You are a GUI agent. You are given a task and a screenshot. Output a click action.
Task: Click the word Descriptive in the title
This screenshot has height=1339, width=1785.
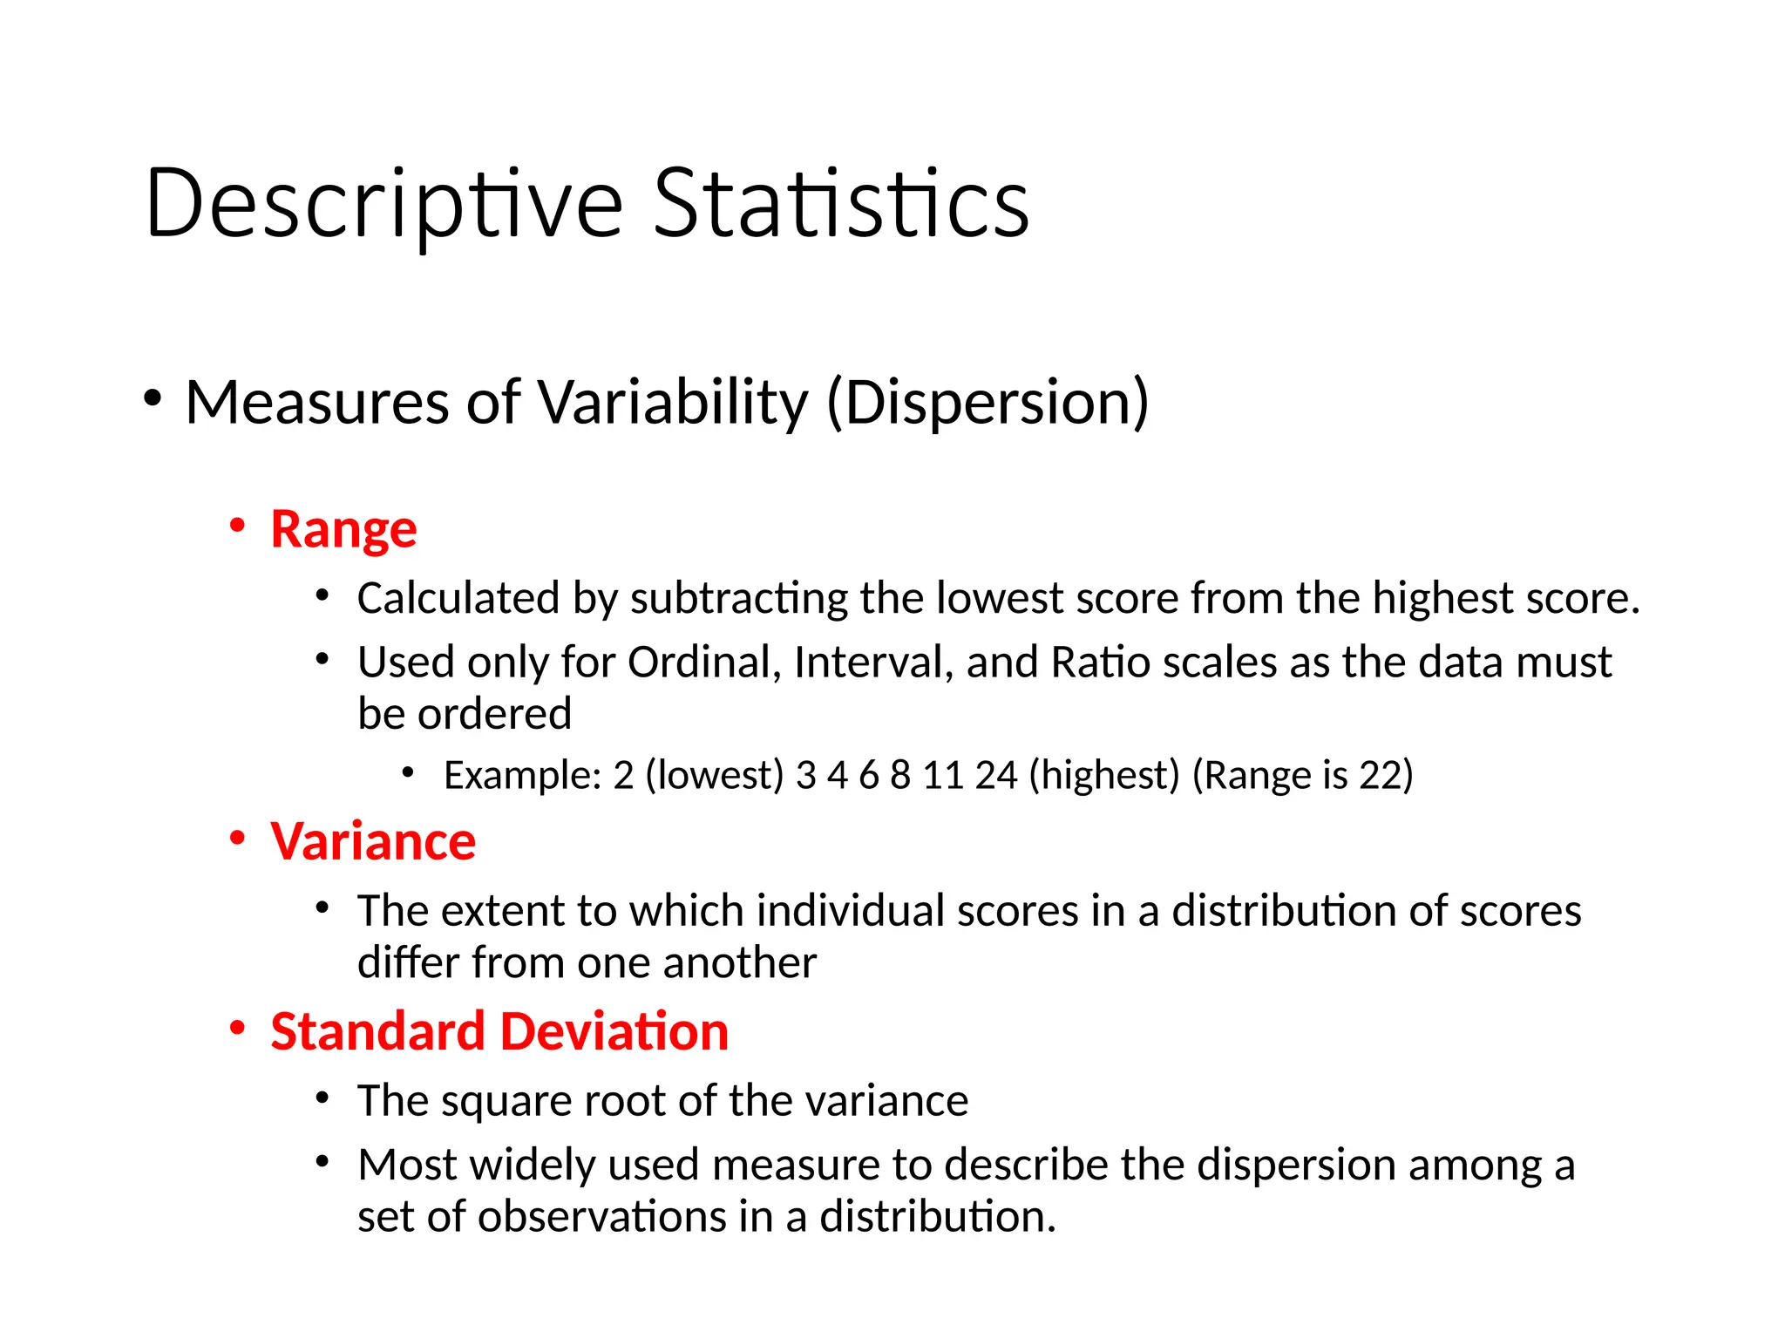[x=383, y=205]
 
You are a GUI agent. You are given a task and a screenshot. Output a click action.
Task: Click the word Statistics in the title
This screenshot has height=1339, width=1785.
[x=841, y=205]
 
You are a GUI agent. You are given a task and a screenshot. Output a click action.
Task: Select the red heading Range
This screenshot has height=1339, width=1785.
[x=343, y=530]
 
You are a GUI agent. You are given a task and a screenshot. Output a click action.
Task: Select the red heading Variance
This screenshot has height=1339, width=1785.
[x=373, y=842]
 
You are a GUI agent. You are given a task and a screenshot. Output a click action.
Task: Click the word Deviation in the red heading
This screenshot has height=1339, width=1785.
[x=614, y=1032]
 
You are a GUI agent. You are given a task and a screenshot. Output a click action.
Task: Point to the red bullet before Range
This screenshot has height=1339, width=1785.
[x=237, y=526]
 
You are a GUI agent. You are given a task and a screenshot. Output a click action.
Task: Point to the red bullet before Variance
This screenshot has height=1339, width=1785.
[x=237, y=838]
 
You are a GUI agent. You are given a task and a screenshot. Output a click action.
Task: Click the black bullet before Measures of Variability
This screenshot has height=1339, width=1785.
[x=153, y=398]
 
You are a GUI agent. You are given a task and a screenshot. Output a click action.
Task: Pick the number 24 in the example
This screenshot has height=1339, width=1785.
[x=996, y=775]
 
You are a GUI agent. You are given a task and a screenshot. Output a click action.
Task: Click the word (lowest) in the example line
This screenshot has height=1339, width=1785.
[x=715, y=775]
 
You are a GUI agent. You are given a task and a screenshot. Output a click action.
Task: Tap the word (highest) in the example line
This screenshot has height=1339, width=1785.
[x=1104, y=775]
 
